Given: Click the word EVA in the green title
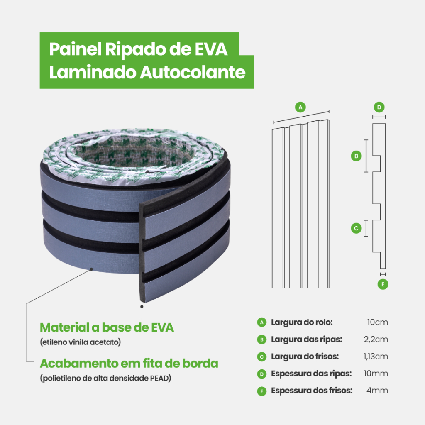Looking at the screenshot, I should point(211,49).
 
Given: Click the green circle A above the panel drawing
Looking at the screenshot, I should point(300,107).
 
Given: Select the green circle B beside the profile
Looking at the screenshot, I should point(356,156).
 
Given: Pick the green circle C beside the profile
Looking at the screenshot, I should point(356,228).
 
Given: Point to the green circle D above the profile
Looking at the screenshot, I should point(379,107).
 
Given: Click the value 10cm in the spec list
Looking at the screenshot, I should point(377,322).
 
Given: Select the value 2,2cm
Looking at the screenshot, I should point(376,340).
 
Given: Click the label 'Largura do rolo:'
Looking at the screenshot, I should point(302,322).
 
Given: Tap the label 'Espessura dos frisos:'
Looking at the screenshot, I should point(312,391).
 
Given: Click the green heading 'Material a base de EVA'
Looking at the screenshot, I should point(107,327).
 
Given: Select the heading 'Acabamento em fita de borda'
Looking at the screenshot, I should point(129,364).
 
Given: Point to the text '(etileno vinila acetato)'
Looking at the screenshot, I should point(80,342).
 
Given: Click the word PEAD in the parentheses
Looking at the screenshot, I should point(160,379).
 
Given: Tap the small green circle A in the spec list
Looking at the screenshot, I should point(261,322).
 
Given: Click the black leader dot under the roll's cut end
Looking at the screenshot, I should point(142,306).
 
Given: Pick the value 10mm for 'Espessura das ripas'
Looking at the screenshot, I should point(376,374).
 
